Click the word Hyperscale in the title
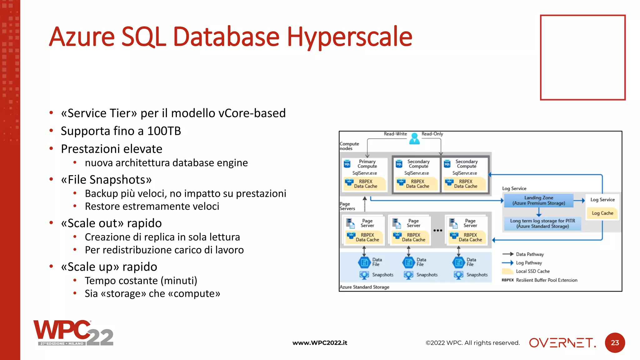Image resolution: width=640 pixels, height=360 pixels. coord(349,37)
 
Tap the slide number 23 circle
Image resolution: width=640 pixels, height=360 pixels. coord(615,343)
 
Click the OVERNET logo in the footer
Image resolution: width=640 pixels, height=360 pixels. coord(562,343)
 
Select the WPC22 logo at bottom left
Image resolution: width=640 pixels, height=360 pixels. coord(73,333)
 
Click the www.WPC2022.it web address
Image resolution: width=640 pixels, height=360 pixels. coord(320,343)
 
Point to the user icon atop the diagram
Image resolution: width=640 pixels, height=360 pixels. coord(414,138)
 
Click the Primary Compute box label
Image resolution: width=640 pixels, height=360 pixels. coord(367,164)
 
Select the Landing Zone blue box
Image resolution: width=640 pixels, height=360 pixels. coord(539,200)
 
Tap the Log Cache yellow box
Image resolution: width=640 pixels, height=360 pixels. coord(602,213)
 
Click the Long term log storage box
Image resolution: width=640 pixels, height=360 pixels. coord(542,223)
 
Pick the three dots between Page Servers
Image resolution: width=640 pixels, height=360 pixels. coord(438,231)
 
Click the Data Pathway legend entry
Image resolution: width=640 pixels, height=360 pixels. coord(530,254)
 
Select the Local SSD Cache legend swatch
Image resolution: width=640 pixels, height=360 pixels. coord(507,271)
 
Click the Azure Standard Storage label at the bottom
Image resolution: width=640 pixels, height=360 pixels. coord(364,287)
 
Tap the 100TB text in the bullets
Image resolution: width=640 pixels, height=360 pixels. coord(164,131)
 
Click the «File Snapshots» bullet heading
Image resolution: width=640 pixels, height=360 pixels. coord(106,180)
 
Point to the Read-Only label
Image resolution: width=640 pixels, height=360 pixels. coord(432,134)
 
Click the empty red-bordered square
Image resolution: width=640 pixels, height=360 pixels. coord(582,57)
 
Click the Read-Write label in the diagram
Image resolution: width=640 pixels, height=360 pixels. coord(395,134)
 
